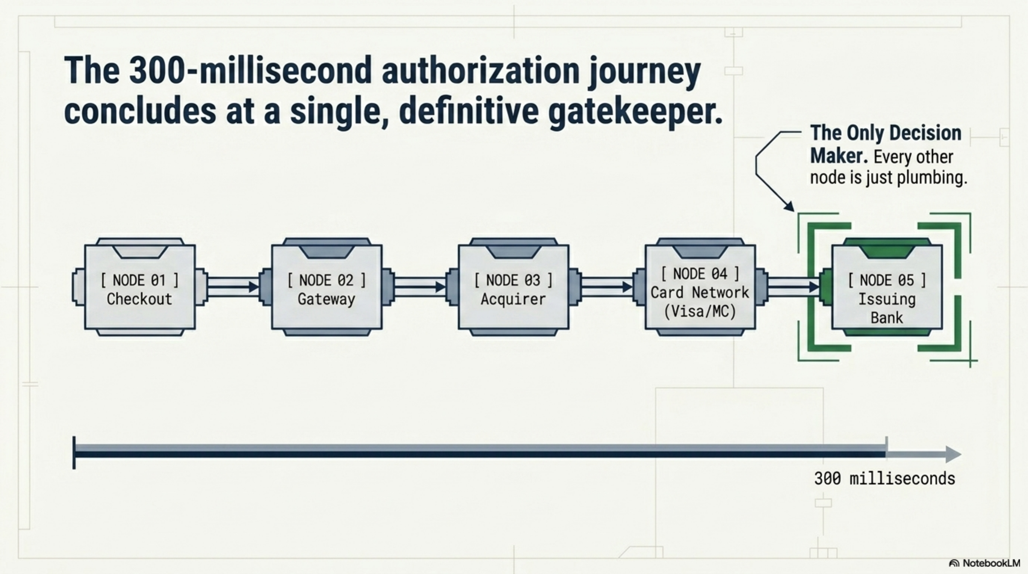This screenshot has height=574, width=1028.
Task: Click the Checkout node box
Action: (x=140, y=287)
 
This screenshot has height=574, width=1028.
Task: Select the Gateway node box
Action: (x=326, y=287)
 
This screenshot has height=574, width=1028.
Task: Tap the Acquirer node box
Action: (x=513, y=287)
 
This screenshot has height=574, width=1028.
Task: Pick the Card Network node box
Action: (x=700, y=287)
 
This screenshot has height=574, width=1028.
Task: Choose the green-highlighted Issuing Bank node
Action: (x=887, y=287)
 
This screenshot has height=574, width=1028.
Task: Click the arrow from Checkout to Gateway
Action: (x=233, y=287)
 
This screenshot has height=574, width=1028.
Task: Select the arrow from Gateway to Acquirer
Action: (x=420, y=287)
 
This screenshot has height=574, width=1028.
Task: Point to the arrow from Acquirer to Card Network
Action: (x=607, y=287)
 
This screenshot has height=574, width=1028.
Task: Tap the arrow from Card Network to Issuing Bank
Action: (x=794, y=287)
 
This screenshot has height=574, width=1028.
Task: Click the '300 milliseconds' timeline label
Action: (x=885, y=478)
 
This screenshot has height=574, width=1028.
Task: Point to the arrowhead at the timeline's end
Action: (x=953, y=454)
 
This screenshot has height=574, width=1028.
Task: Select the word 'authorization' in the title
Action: (x=480, y=71)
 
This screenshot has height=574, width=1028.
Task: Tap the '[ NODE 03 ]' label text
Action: (x=513, y=280)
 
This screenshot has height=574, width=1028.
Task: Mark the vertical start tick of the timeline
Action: (x=74, y=453)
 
